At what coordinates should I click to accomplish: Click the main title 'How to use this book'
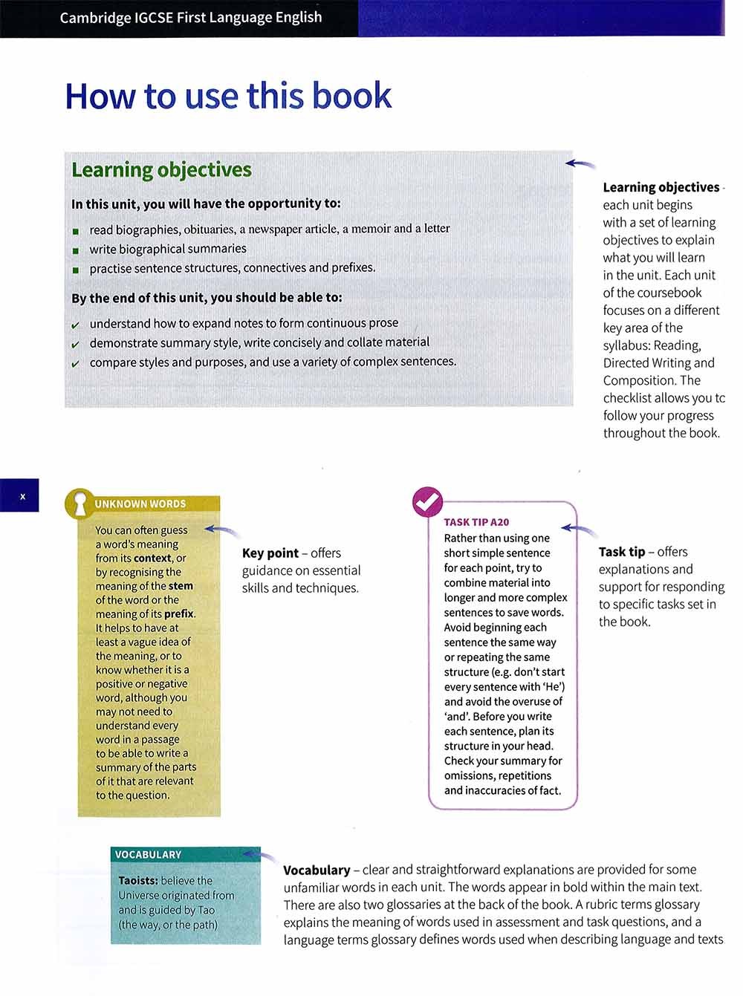228,97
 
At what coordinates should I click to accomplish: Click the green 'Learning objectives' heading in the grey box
161,170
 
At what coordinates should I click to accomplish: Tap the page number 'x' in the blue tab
22,496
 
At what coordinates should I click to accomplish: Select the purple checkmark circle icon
427,503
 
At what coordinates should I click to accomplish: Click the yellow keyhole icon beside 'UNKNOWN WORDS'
80,504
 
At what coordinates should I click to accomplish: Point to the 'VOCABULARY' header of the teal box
148,855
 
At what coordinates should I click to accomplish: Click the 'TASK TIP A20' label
476,522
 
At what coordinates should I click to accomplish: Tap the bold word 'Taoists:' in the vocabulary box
138,881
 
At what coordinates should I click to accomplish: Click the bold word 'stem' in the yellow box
181,586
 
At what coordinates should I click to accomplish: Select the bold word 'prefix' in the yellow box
179,614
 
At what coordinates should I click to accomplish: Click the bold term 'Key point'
270,553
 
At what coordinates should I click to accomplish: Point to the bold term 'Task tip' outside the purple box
621,552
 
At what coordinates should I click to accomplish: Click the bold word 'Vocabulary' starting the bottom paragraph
317,870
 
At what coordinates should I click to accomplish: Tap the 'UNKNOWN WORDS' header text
140,504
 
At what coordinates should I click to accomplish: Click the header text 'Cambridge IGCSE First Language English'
191,17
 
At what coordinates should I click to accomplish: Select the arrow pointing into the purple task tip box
580,530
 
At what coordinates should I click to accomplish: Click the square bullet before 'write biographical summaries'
75,250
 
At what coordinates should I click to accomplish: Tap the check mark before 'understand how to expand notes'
75,325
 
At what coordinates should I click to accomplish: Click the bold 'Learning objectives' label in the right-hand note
661,187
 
